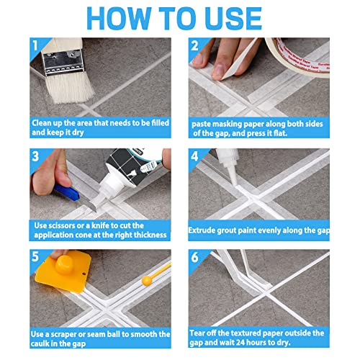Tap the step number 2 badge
(x=194, y=47)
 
